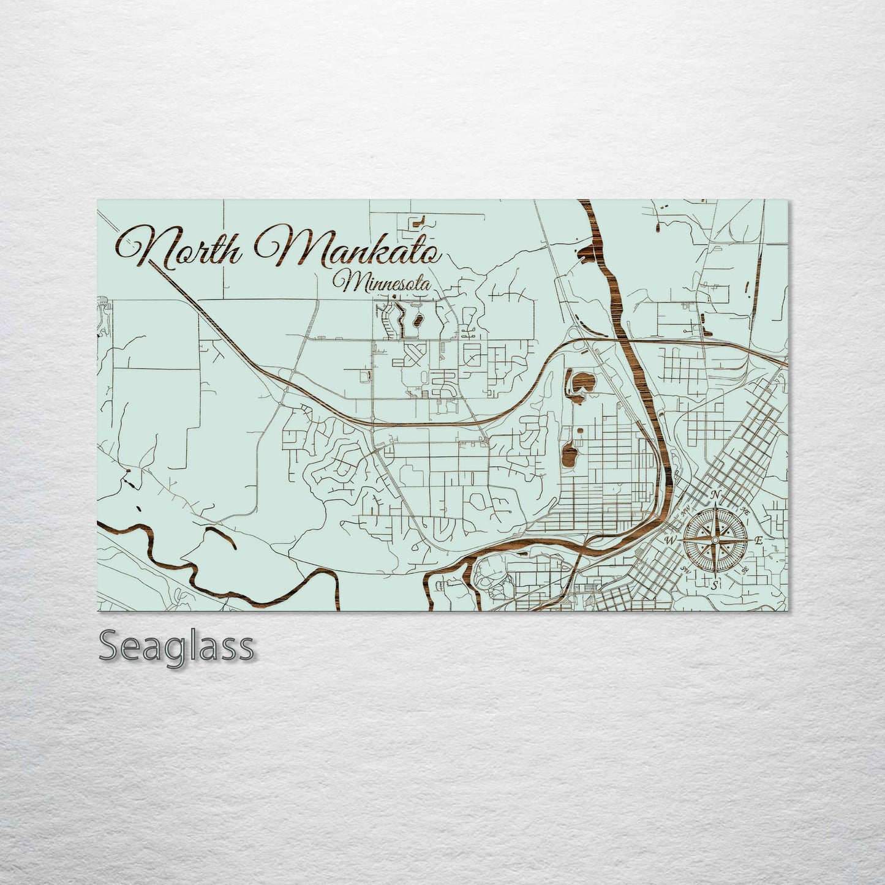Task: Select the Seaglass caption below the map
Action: coord(176,646)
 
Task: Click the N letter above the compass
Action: coord(715,495)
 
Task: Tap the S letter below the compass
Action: coord(714,586)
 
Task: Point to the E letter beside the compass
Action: coord(758,540)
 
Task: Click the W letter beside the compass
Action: coord(669,541)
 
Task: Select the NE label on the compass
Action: coord(745,510)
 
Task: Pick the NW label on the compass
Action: coord(685,508)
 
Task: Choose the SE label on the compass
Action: coord(745,570)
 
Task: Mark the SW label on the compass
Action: coord(685,570)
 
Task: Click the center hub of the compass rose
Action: coord(714,540)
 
